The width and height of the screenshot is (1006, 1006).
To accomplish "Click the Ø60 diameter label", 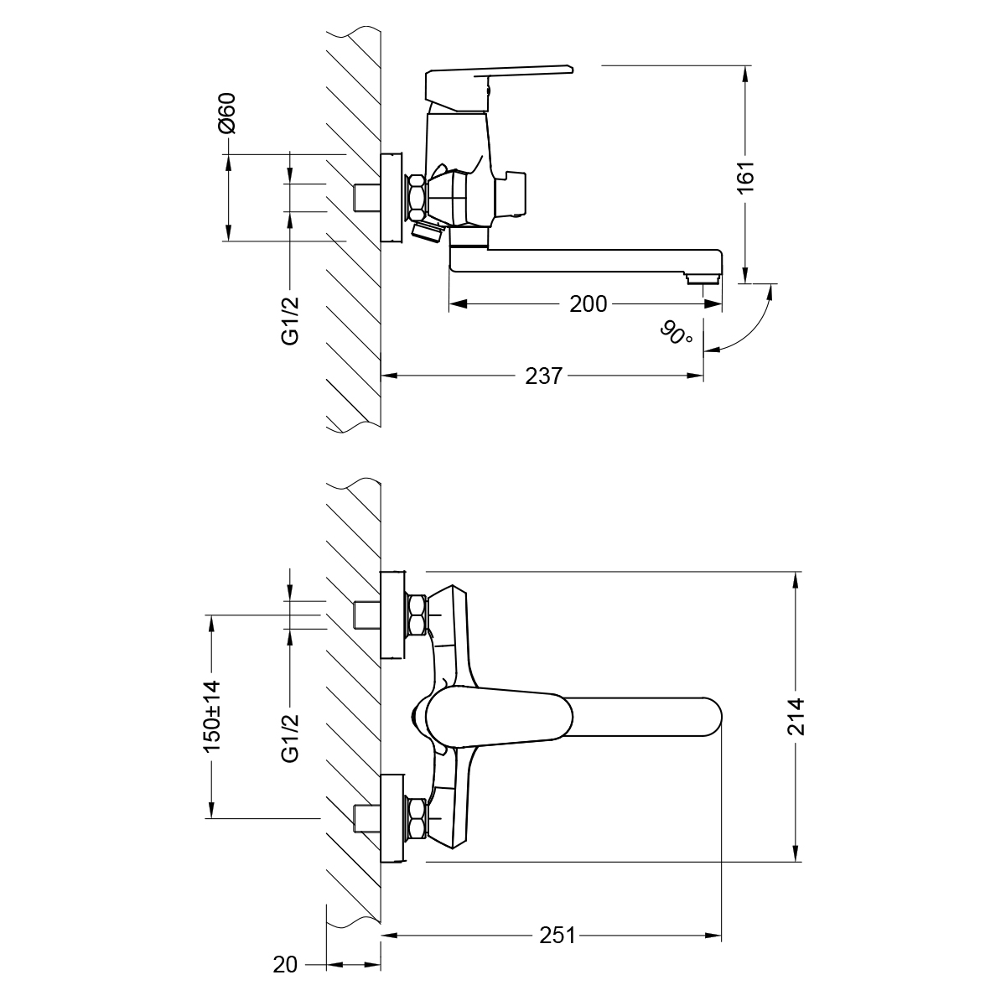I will (227, 114).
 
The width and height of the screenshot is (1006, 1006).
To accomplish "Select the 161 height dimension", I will (746, 177).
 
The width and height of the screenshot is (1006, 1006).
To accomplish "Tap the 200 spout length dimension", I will (588, 303).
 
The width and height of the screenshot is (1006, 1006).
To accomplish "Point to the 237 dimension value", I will (543, 376).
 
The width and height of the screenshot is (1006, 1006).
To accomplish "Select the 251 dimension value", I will (557, 936).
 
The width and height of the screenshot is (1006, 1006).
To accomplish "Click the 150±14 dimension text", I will (211, 715).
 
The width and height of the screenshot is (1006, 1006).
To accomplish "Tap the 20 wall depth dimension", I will (285, 965).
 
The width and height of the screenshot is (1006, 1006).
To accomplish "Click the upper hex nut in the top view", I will (417, 615).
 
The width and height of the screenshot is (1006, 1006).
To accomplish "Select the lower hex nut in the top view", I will (417, 819).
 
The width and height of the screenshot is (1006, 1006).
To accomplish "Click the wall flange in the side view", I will (392, 198).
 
